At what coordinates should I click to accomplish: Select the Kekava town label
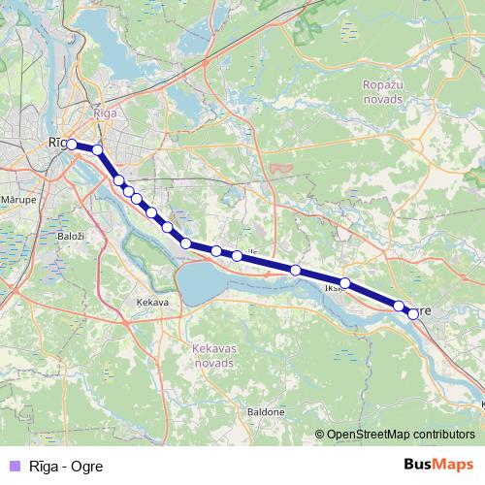pos(153,302)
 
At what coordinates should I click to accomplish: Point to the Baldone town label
pos(267,412)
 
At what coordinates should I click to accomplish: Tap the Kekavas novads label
pos(207,354)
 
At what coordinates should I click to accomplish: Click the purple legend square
pos(13,466)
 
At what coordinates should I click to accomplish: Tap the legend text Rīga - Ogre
pos(66,466)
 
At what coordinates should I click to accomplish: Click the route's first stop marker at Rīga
pos(71,145)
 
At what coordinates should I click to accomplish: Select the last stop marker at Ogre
pos(413,313)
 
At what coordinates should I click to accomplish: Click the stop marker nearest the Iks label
pos(344,283)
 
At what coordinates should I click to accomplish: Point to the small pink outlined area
pos(281,169)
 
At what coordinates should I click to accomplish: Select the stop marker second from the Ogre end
pos(399,307)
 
